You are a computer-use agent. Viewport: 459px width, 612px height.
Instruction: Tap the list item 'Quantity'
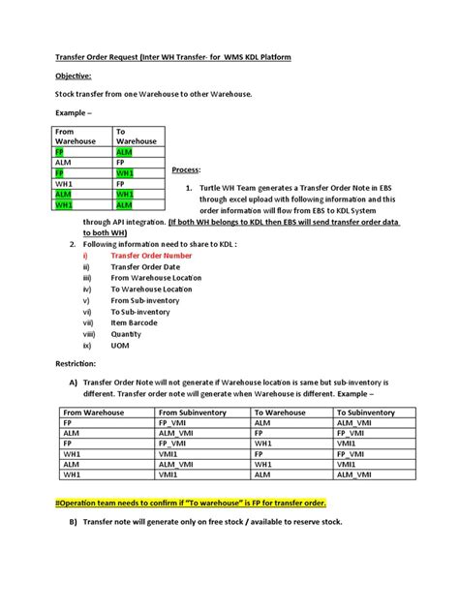coord(127,333)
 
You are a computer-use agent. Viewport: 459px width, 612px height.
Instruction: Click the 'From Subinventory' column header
coord(194,412)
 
